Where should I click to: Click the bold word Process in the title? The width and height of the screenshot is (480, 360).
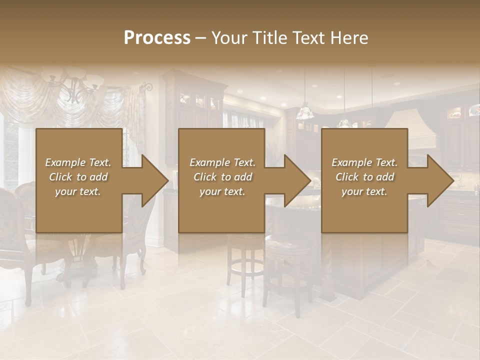tap(157, 38)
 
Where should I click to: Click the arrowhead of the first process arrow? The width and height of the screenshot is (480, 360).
tap(155, 180)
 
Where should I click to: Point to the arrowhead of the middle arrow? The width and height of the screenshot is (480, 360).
tap(297, 180)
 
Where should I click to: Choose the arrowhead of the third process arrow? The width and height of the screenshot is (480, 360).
tap(440, 180)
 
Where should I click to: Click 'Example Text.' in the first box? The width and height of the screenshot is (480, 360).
tap(78, 162)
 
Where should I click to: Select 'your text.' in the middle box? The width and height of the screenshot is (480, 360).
tap(222, 191)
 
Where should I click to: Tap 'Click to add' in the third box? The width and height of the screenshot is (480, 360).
tap(364, 177)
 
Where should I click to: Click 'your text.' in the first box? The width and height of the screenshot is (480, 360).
tap(78, 191)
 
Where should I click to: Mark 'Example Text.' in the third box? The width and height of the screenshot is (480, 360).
tap(364, 162)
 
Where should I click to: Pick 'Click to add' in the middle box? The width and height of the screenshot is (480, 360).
tap(222, 177)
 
